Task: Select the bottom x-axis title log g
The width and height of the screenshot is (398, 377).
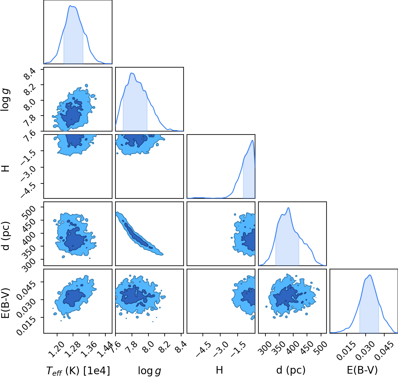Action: (x=149, y=371)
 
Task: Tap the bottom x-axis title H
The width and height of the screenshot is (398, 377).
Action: (x=219, y=370)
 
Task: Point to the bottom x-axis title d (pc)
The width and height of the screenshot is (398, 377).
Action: (x=291, y=370)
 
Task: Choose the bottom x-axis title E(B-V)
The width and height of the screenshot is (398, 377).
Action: (x=362, y=370)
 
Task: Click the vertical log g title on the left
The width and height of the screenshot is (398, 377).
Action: (x=5, y=100)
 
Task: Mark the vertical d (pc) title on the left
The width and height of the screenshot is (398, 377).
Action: (x=6, y=236)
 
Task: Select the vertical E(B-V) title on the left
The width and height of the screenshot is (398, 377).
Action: (x=6, y=303)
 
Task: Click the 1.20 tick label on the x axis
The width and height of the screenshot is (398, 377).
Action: (x=57, y=349)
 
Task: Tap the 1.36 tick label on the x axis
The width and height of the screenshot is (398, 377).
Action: (x=89, y=349)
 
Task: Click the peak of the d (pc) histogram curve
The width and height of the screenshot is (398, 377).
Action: (x=288, y=208)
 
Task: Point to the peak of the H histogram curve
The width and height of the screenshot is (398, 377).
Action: (x=252, y=140)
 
